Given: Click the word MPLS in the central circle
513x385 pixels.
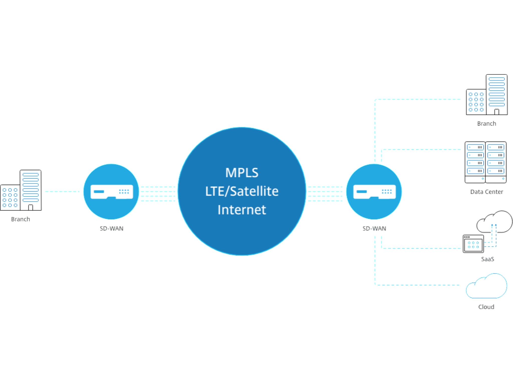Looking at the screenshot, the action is click(x=242, y=173).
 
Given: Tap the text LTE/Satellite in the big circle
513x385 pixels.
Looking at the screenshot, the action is click(x=242, y=191).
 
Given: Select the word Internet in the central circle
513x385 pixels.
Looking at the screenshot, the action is click(x=242, y=210).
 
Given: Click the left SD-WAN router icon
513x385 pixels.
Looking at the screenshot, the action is click(x=111, y=192).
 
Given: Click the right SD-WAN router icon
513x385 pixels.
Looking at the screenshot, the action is click(x=374, y=192).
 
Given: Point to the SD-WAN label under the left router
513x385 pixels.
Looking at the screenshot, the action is click(x=111, y=229).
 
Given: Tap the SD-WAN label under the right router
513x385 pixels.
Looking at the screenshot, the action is click(x=374, y=229).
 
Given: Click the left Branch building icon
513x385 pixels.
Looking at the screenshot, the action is click(x=21, y=190).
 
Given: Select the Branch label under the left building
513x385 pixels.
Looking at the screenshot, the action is click(x=21, y=219).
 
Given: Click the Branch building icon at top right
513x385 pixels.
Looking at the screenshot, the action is click(x=487, y=95).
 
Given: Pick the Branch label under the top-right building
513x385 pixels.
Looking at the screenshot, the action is click(x=486, y=124).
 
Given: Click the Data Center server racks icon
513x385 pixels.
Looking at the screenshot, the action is click(x=485, y=162).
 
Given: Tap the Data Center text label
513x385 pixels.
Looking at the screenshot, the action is click(x=486, y=192).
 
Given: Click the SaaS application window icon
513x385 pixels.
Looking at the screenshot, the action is click(x=473, y=244).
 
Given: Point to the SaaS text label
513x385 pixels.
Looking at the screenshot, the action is click(x=487, y=259).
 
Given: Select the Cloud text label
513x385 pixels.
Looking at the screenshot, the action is click(x=486, y=307).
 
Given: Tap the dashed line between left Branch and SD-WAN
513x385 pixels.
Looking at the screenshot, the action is click(x=62, y=191).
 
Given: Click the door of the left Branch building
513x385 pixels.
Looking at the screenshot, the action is click(x=31, y=208).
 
